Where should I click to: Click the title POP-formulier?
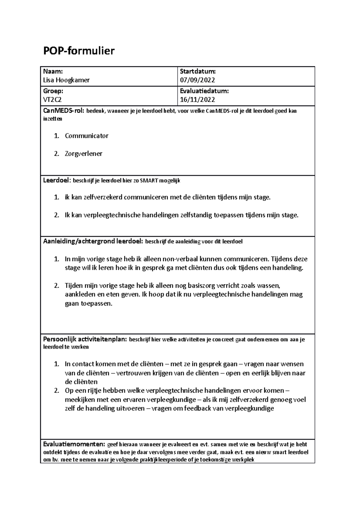tap(79, 51)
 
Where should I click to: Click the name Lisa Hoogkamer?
tap(66, 80)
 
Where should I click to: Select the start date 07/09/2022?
tap(197, 80)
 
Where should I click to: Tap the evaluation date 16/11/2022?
tap(197, 100)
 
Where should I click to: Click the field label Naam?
tap(53, 71)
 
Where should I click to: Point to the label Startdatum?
tap(198, 71)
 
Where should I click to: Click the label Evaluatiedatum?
tap(204, 91)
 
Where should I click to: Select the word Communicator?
tap(86, 136)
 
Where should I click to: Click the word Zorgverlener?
tap(83, 154)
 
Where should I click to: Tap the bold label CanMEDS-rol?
tap(64, 111)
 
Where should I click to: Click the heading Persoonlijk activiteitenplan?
tap(85, 340)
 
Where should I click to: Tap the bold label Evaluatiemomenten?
tap(74, 444)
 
